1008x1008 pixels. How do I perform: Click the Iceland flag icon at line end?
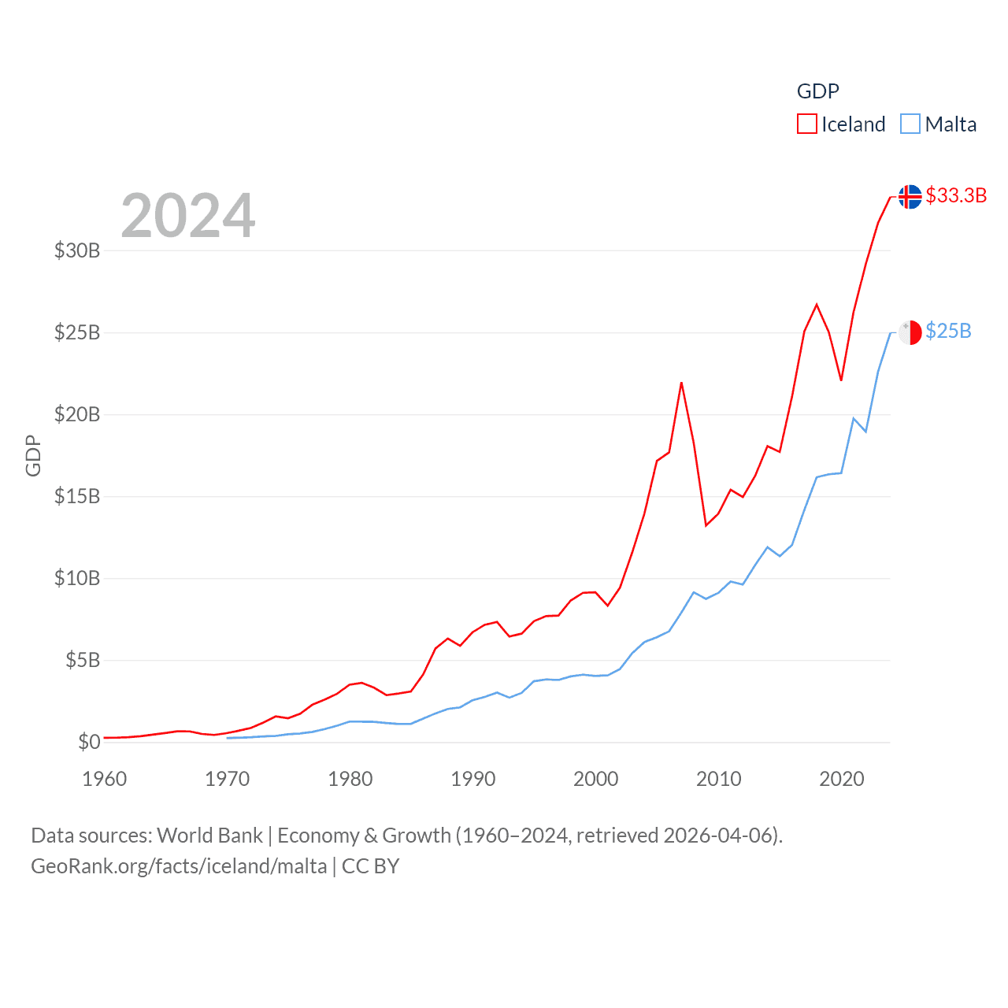tap(910, 197)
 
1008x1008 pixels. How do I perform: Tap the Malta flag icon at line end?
tap(910, 332)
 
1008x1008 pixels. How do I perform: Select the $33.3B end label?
tap(956, 195)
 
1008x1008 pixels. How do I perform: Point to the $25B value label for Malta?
tap(948, 331)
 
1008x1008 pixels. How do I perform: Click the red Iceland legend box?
tap(807, 124)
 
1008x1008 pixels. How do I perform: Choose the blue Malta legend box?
tap(910, 124)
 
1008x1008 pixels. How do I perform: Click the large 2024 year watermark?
tap(188, 216)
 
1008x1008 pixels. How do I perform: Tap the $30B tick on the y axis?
tap(77, 250)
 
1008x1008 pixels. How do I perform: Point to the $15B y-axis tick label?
tap(77, 496)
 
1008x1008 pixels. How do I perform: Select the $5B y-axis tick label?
tap(83, 660)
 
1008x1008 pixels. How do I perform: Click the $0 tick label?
tap(89, 742)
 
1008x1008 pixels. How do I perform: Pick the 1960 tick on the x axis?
tap(105, 779)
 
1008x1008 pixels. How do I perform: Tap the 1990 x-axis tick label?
tap(473, 779)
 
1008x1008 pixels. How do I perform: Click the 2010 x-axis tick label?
tap(719, 779)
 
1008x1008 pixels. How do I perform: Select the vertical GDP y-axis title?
tap(33, 455)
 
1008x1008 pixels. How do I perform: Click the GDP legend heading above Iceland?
tap(818, 91)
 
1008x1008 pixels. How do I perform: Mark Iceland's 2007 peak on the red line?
tap(681, 384)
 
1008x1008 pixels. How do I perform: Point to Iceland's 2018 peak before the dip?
tap(817, 305)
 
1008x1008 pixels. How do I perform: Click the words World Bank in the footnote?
tap(209, 835)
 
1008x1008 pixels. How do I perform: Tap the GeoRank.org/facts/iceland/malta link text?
tap(179, 866)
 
